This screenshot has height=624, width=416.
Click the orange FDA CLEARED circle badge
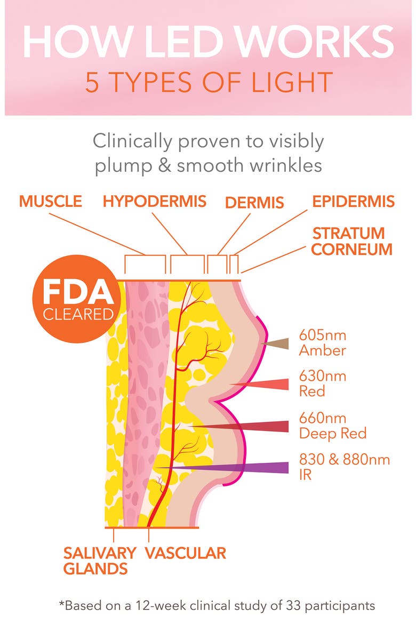pyautogui.click(x=76, y=299)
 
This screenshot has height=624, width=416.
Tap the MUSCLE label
pyautogui.click(x=51, y=202)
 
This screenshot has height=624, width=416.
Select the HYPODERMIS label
pyautogui.click(x=155, y=202)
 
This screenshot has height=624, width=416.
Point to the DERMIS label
pyautogui.click(x=254, y=203)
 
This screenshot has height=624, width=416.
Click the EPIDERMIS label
pyautogui.click(x=354, y=202)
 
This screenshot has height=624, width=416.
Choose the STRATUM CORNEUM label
pyautogui.click(x=352, y=241)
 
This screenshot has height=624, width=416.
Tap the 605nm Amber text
pyautogui.click(x=323, y=342)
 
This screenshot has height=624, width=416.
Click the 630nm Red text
pyautogui.click(x=323, y=383)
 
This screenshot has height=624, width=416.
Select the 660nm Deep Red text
pyautogui.click(x=333, y=426)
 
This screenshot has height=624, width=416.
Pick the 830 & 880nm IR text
pyautogui.click(x=345, y=467)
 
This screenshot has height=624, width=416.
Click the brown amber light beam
pyautogui.click(x=275, y=343)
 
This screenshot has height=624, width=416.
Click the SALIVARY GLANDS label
pyautogui.click(x=100, y=561)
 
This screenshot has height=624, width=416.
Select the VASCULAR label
pyautogui.click(x=186, y=553)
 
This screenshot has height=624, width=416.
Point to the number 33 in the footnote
pyautogui.click(x=293, y=605)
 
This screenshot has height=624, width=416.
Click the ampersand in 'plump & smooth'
pyautogui.click(x=164, y=165)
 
